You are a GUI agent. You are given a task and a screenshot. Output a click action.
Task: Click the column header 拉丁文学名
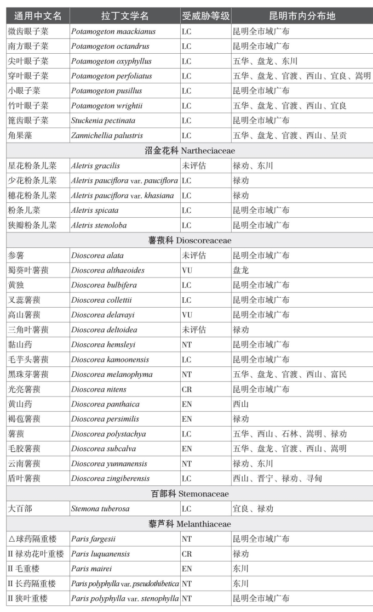(x=125, y=16)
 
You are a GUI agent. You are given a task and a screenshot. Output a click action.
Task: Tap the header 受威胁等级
(x=205, y=16)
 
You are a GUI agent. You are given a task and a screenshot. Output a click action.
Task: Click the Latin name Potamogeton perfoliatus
(x=111, y=76)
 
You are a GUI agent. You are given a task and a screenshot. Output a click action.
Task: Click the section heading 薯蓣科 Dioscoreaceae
(x=190, y=240)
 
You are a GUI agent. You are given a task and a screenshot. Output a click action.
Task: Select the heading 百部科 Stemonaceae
(x=190, y=494)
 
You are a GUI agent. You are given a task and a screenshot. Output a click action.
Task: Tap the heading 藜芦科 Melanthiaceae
(x=190, y=524)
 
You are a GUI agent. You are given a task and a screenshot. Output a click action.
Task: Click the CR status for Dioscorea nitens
(x=187, y=389)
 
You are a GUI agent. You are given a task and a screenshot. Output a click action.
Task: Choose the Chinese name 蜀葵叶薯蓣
(x=31, y=270)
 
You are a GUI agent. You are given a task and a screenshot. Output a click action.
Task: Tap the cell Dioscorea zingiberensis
(x=110, y=479)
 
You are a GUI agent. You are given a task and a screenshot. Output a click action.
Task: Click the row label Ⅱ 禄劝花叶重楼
(x=35, y=554)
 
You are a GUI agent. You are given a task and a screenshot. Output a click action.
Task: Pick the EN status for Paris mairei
(x=187, y=569)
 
